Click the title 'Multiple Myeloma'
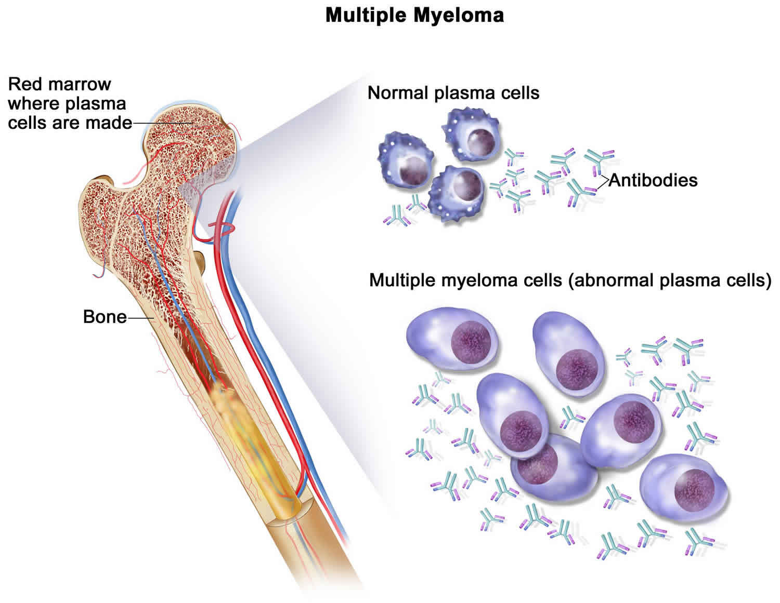pos(414,15)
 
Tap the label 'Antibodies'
pos(653,180)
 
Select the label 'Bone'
pos(105,317)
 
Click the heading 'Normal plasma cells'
pos(453,93)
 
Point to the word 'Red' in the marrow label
pos(24,84)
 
